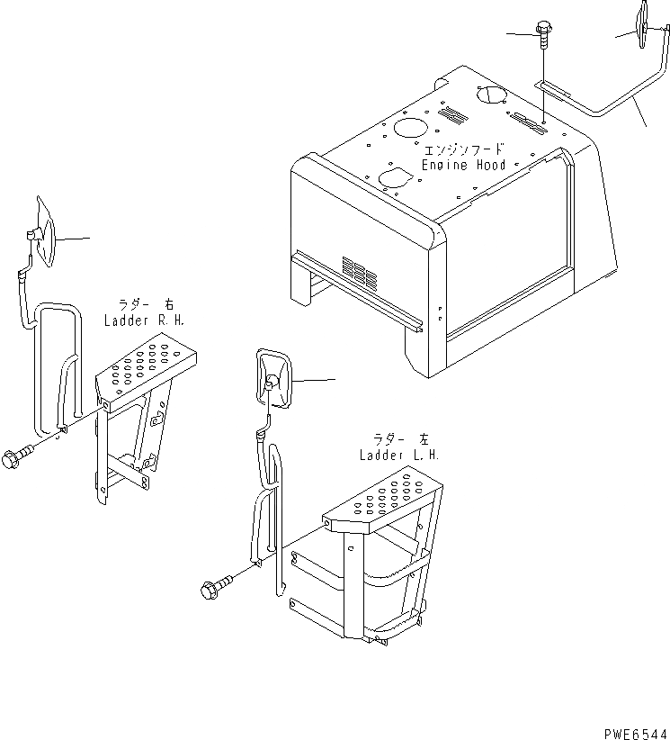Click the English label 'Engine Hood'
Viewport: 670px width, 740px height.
[x=464, y=165]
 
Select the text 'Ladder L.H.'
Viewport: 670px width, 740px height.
[x=399, y=456]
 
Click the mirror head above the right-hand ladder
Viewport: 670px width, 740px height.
[x=43, y=236]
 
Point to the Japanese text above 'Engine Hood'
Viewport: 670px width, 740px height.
[x=464, y=149]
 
